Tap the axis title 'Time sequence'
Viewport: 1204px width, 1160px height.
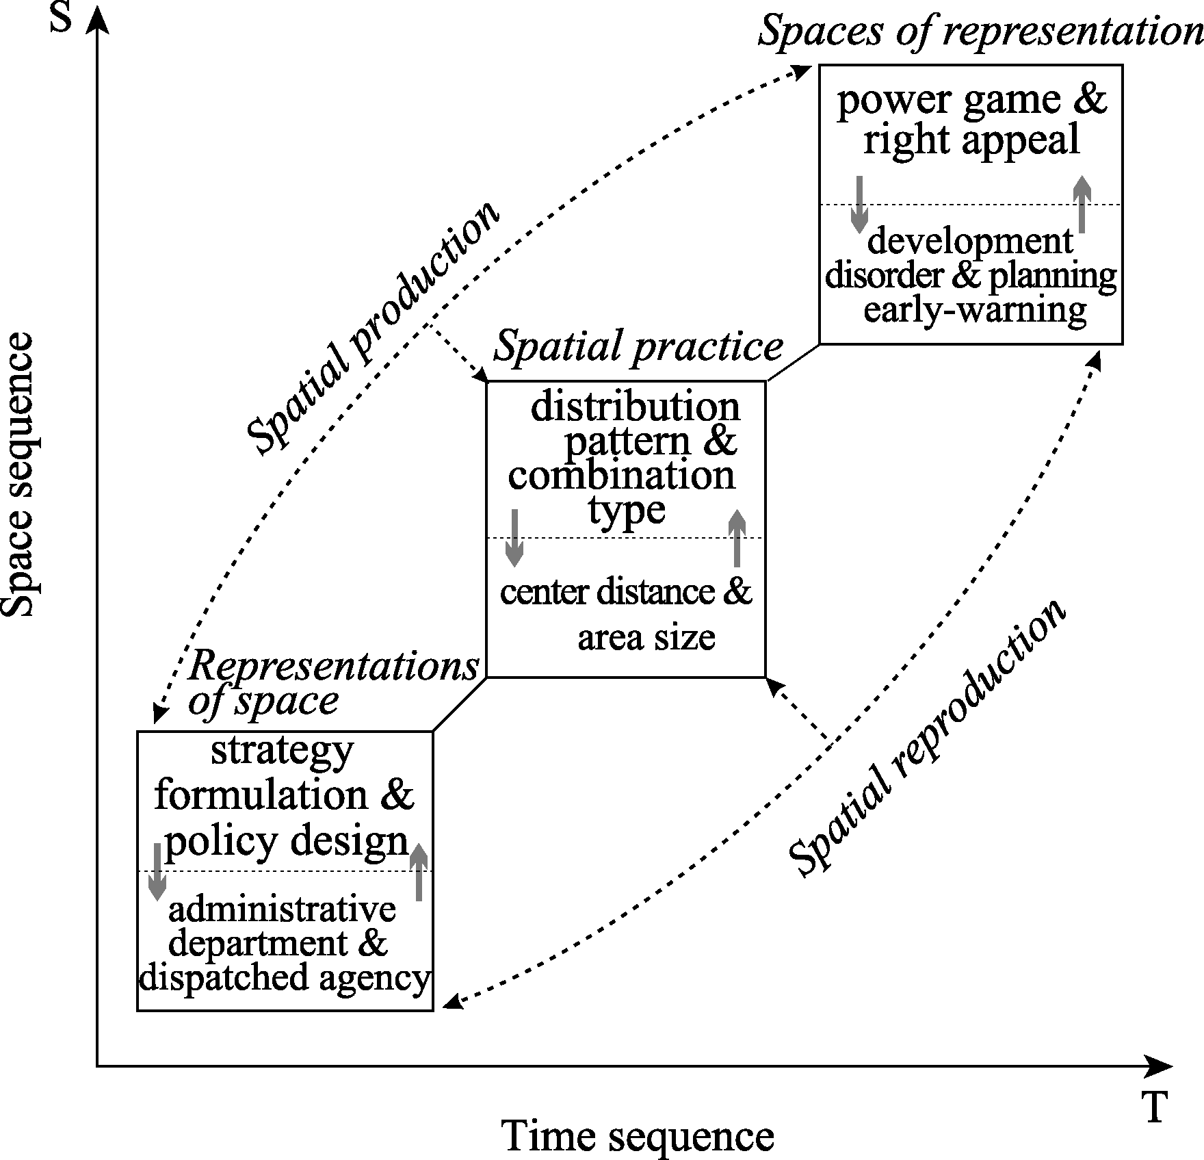pyautogui.click(x=638, y=1136)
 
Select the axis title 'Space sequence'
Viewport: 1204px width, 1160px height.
pyautogui.click(x=18, y=475)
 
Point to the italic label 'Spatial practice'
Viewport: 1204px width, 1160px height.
pyautogui.click(x=638, y=348)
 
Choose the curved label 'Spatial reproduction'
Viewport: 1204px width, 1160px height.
pyautogui.click(x=927, y=739)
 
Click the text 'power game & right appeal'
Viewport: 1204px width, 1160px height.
pyautogui.click(x=971, y=120)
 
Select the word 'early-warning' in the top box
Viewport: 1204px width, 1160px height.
pyautogui.click(x=975, y=310)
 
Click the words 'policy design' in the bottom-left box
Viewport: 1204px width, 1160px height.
pyautogui.click(x=287, y=841)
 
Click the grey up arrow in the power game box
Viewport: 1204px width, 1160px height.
pyautogui.click(x=1082, y=204)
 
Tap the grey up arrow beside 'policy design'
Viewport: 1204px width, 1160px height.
pyautogui.click(x=419, y=871)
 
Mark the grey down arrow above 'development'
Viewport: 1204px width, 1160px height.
pyautogui.click(x=859, y=205)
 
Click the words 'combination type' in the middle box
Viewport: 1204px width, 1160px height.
pyautogui.click(x=623, y=491)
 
